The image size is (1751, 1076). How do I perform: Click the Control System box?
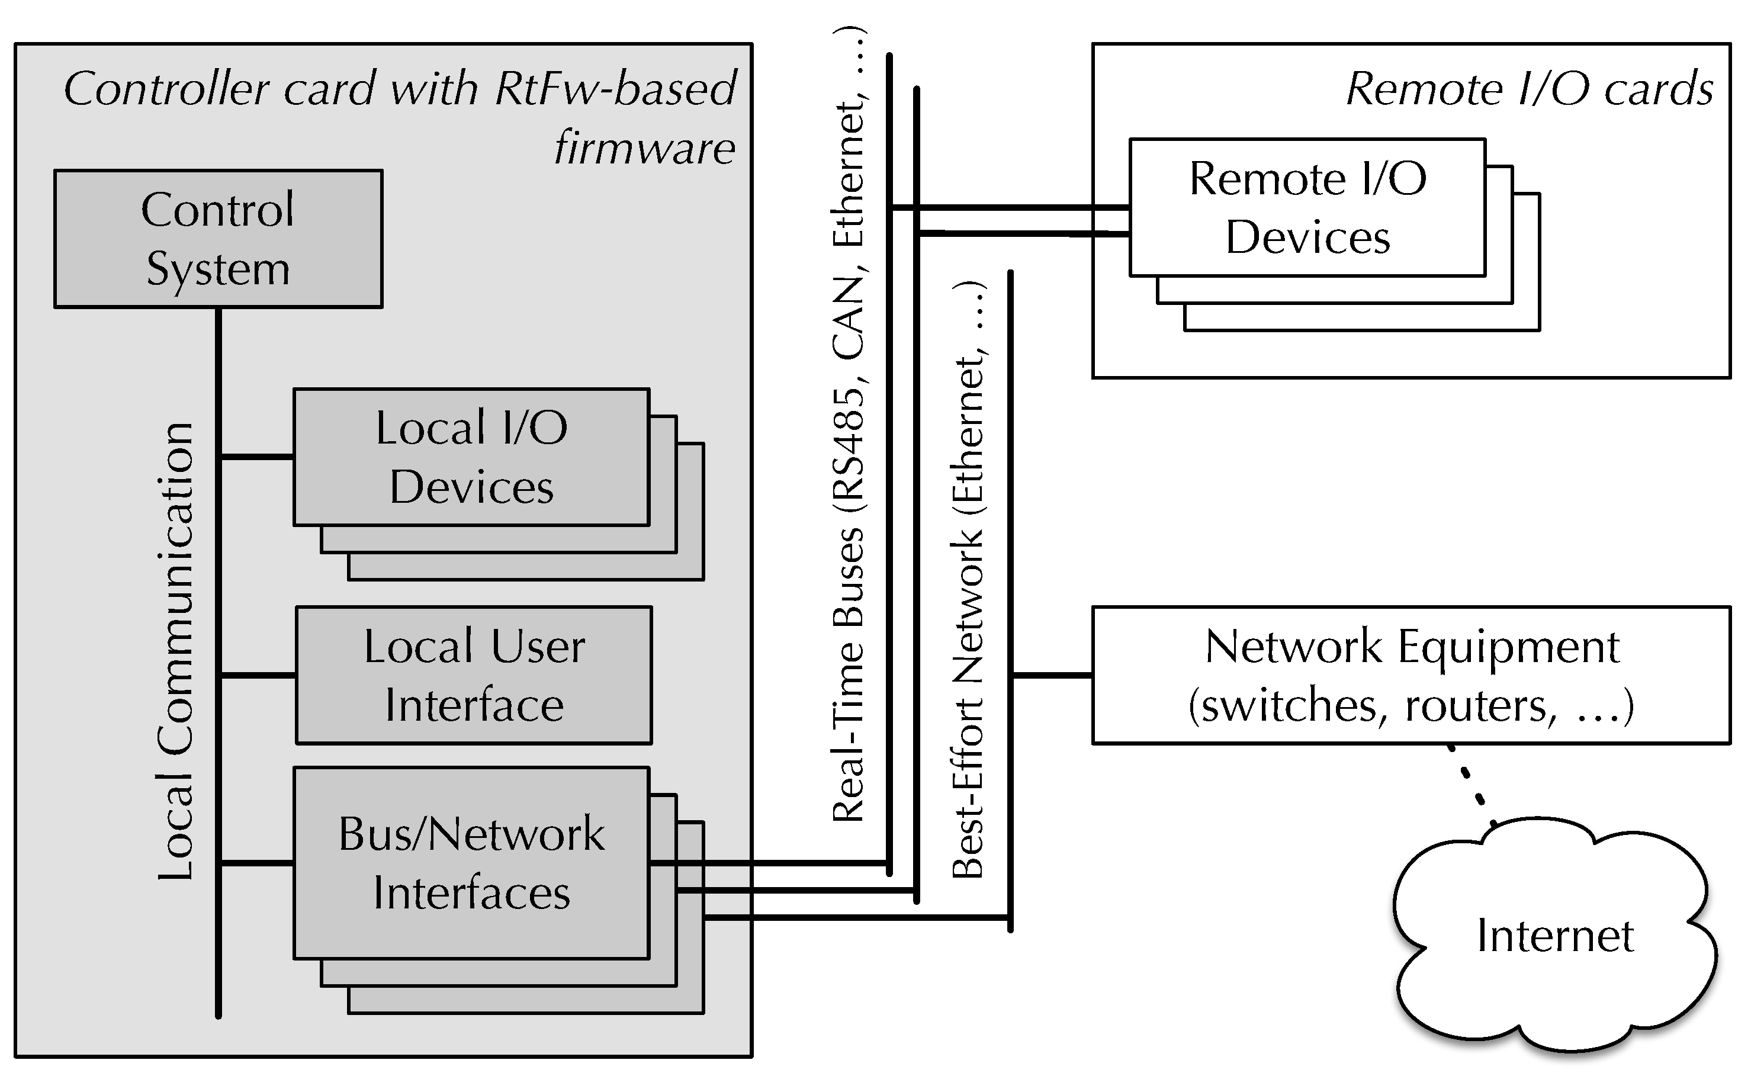[218, 239]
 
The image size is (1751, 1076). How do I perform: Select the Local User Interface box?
[473, 675]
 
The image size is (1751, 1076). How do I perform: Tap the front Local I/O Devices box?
[471, 457]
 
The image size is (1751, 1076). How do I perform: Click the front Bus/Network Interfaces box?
[471, 862]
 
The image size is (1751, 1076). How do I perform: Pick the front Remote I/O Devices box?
[1307, 207]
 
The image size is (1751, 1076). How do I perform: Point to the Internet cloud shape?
[1554, 936]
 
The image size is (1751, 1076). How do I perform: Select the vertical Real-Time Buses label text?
[849, 676]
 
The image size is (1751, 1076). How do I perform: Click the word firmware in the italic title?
[644, 148]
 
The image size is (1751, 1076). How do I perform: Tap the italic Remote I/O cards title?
[1529, 89]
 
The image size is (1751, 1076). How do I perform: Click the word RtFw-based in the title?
[615, 89]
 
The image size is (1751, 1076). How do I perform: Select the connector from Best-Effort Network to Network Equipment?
[1052, 674]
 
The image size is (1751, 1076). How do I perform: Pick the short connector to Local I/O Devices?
[256, 456]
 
